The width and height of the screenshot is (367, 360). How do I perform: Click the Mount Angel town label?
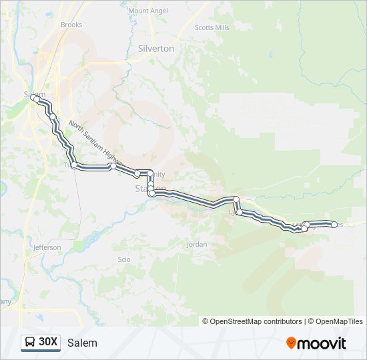[x=147, y=11]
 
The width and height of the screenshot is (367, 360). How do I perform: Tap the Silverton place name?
[x=155, y=49]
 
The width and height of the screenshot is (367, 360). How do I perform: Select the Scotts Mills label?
[x=212, y=27]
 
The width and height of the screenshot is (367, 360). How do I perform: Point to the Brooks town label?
[x=71, y=25]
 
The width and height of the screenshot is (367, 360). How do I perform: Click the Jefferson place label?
[x=47, y=247]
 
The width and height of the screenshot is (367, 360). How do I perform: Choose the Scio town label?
[x=123, y=259]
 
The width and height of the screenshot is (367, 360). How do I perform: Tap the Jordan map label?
[x=197, y=245]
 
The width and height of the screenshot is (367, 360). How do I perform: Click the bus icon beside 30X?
[x=31, y=343]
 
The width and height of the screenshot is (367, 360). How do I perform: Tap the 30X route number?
[x=48, y=342]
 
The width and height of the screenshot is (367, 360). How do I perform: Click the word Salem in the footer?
[x=82, y=343]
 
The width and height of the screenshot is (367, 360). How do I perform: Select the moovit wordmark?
[x=322, y=343]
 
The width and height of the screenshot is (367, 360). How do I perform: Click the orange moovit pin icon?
[x=291, y=343]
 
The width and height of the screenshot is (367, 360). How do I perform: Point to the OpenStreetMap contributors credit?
[x=252, y=321]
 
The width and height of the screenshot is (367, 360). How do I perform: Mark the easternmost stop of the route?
[x=334, y=225]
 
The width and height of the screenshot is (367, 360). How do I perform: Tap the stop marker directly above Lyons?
[x=236, y=199]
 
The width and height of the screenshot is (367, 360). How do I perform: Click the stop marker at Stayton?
[x=151, y=193]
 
